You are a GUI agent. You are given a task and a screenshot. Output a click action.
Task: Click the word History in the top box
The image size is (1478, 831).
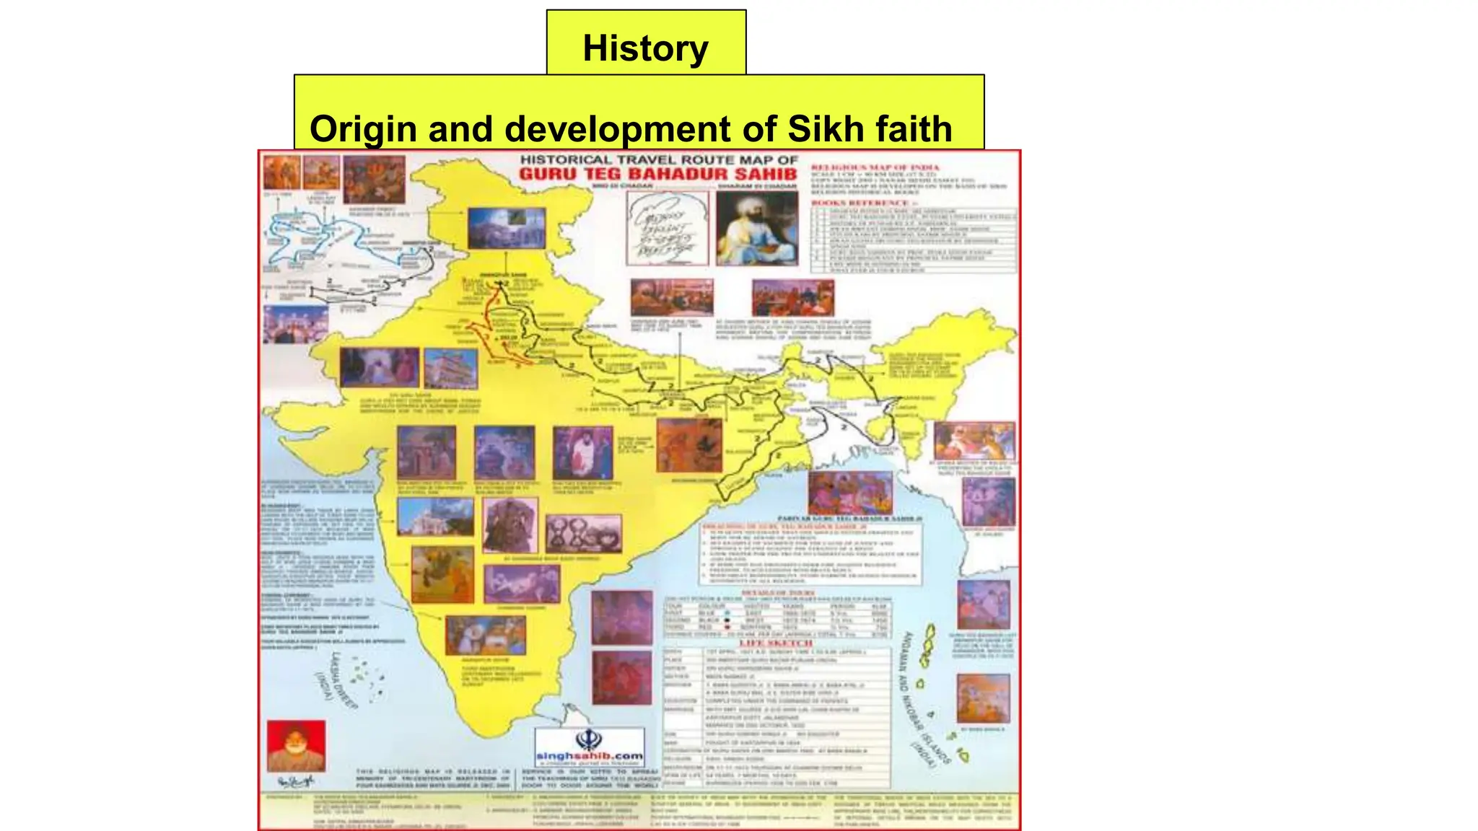click(645, 48)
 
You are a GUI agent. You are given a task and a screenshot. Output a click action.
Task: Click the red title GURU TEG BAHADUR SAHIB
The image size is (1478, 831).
click(657, 175)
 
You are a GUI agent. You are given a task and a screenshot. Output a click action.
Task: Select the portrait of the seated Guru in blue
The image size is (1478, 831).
click(756, 228)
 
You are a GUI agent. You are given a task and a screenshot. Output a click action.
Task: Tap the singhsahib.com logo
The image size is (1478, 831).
click(589, 747)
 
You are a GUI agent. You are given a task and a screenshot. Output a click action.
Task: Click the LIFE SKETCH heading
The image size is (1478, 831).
click(776, 643)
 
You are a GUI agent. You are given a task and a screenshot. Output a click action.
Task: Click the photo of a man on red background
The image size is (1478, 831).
click(296, 745)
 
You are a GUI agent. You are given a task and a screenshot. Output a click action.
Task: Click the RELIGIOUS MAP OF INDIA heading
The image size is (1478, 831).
click(875, 167)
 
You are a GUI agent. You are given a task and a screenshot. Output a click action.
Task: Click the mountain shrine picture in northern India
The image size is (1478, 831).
click(506, 228)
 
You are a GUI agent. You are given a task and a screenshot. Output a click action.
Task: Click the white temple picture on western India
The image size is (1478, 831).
click(435, 517)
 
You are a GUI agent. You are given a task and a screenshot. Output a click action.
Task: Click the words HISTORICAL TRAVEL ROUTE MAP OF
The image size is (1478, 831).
click(658, 159)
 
